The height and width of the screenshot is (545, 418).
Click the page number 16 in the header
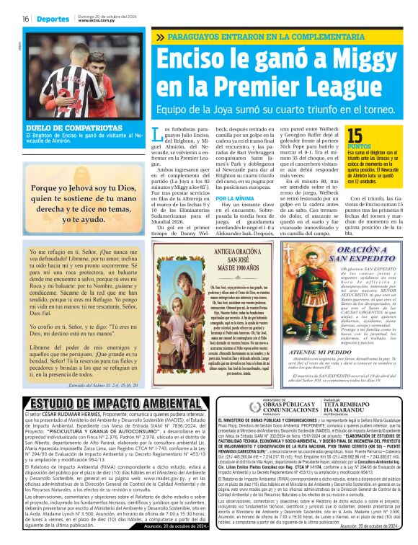pos(25,19)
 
